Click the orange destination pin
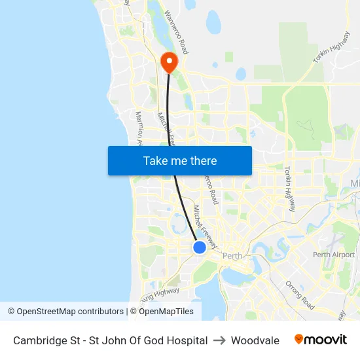point(170,62)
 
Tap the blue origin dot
point(200,247)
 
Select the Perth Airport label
point(333,255)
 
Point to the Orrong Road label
point(300,295)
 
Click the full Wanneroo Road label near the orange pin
point(176,31)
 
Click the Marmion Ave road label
point(139,127)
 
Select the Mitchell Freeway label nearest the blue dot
point(204,223)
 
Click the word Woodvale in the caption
point(255,340)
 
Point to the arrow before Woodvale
point(219,340)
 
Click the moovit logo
point(321,340)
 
